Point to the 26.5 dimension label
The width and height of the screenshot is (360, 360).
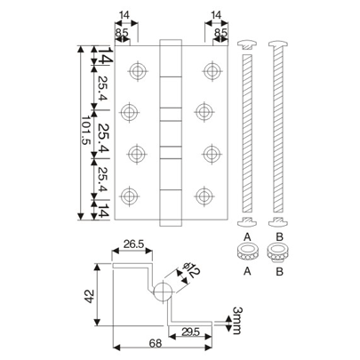(x=133, y=244)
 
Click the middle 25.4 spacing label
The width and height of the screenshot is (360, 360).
(x=104, y=133)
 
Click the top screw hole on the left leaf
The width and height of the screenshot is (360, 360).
(x=135, y=69)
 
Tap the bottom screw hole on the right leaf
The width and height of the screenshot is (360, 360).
(x=211, y=196)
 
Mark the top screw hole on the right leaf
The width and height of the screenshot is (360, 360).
(x=211, y=69)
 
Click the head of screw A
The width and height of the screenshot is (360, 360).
(x=250, y=44)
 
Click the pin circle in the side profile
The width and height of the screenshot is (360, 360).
(x=163, y=292)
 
